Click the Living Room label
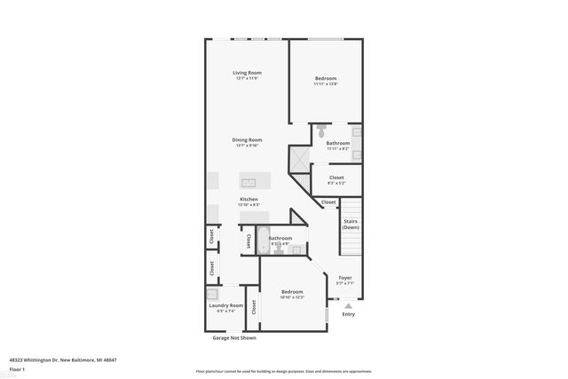tap(247, 73)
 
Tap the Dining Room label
tap(248, 139)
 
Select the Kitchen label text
tap(249, 200)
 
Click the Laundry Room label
tap(225, 305)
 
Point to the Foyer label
tap(345, 278)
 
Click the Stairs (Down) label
tap(351, 225)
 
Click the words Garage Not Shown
tap(234, 338)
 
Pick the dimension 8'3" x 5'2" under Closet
tap(336, 183)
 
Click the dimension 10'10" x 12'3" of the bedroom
tap(292, 297)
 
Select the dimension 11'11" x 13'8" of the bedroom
tap(326, 84)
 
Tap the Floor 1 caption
tap(17, 369)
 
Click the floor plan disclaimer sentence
tap(283, 371)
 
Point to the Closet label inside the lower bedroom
tap(254, 308)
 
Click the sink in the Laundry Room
tap(213, 296)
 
